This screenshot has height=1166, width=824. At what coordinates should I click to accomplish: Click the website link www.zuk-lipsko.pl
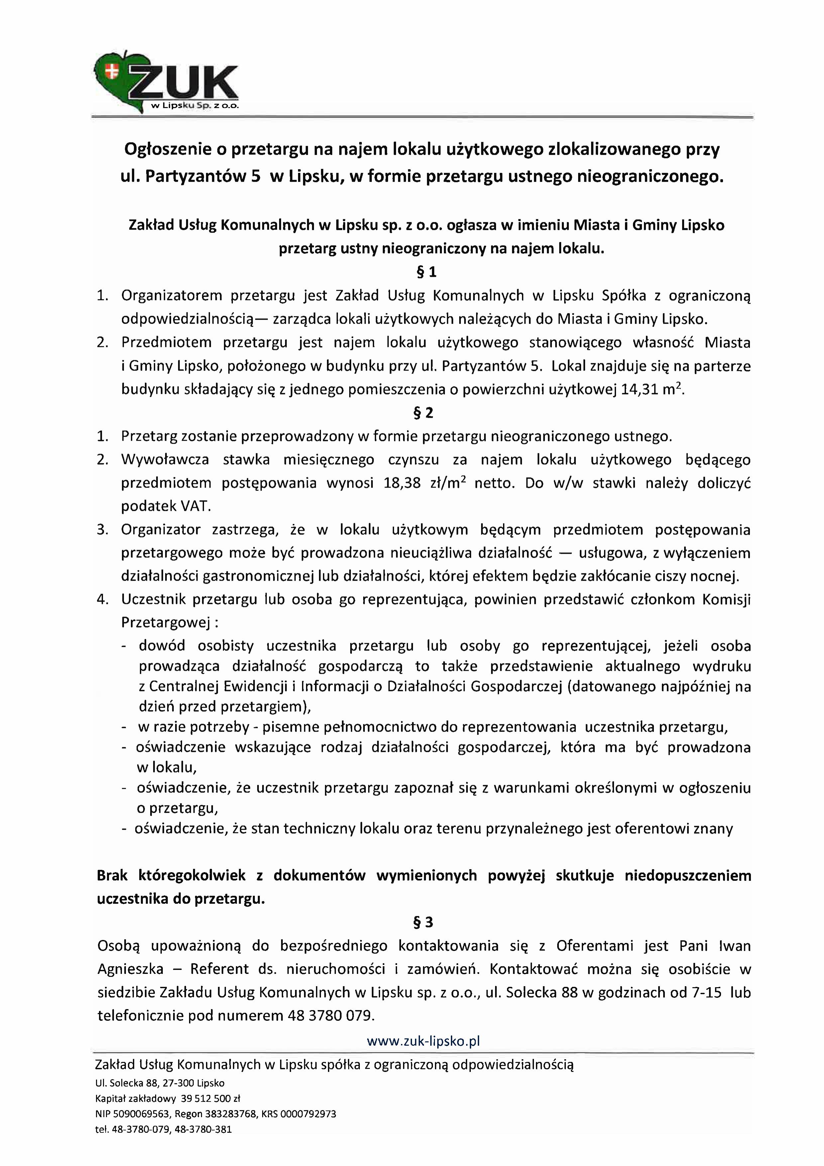[423, 1037]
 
